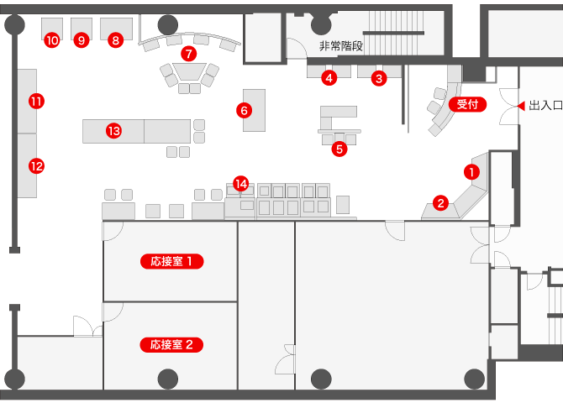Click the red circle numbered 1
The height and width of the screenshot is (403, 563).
pyautogui.click(x=471, y=172)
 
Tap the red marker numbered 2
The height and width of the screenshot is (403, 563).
pyautogui.click(x=440, y=203)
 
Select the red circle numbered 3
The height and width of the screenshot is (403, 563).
pyautogui.click(x=379, y=78)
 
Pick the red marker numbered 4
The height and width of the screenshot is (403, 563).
pyautogui.click(x=329, y=77)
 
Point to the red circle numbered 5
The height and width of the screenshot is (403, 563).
pyautogui.click(x=339, y=149)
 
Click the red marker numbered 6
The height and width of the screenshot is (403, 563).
pyautogui.click(x=245, y=110)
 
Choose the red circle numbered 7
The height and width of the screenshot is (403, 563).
pyautogui.click(x=189, y=54)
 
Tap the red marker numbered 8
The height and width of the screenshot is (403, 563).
pyautogui.click(x=116, y=39)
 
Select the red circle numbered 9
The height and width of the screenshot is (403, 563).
pyautogui.click(x=82, y=39)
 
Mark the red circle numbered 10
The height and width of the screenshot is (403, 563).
pyautogui.click(x=52, y=39)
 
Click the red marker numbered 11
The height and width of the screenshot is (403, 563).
pyautogui.click(x=37, y=102)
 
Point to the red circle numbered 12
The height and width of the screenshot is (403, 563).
pyautogui.click(x=37, y=166)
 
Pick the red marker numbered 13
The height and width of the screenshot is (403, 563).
pyautogui.click(x=114, y=131)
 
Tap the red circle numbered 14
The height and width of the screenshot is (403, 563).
pyautogui.click(x=241, y=184)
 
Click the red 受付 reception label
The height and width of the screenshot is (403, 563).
pyautogui.click(x=467, y=104)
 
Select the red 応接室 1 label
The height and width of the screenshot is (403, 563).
pyautogui.click(x=172, y=261)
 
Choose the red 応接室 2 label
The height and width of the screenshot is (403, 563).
pyautogui.click(x=171, y=345)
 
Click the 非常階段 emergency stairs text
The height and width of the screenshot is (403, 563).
pyautogui.click(x=341, y=46)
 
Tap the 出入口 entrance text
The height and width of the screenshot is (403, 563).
pyautogui.click(x=545, y=106)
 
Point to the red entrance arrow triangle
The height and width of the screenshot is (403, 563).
pyautogui.click(x=522, y=106)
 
